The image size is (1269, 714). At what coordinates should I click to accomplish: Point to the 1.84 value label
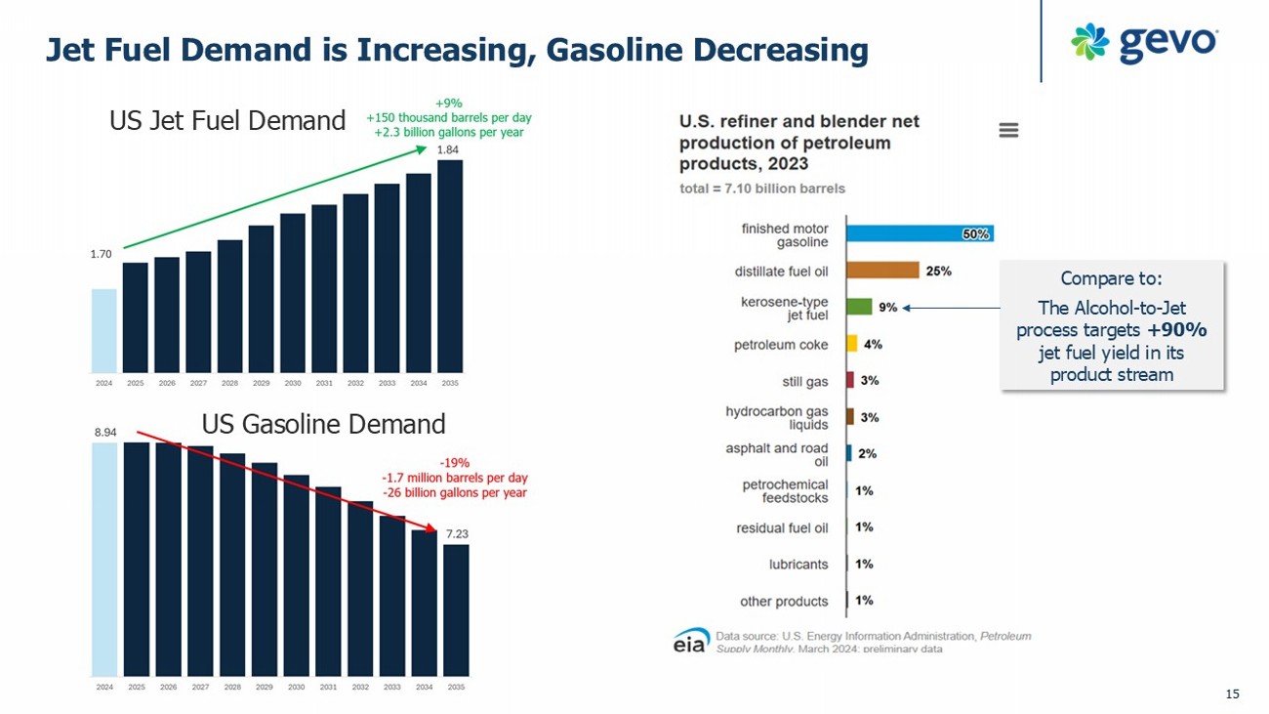point(447,149)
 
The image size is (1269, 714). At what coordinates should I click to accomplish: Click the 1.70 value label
point(101,254)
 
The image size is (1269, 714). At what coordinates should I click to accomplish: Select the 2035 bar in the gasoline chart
point(456,609)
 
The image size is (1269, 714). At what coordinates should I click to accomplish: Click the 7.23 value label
point(457,534)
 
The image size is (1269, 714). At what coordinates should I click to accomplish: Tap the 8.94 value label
point(105,430)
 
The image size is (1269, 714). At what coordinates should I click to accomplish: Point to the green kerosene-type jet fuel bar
point(859,307)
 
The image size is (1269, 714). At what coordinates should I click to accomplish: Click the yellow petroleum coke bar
point(852,344)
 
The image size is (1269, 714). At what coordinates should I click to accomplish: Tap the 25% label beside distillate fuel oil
point(939,271)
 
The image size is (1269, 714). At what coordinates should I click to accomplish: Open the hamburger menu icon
point(1009,130)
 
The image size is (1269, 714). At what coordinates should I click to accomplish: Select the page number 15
point(1232,693)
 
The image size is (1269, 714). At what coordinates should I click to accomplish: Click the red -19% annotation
point(455,462)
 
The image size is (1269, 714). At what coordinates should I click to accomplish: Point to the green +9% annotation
point(449,102)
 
